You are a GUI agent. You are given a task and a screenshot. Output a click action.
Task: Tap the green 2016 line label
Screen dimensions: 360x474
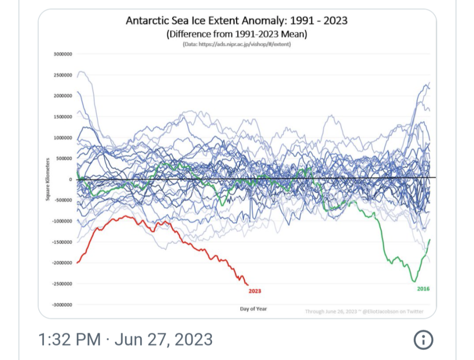pos(423,288)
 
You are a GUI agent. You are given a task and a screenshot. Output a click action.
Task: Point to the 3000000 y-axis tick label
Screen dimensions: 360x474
pos(62,54)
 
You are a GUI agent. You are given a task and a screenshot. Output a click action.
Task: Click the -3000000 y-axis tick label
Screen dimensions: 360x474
pos(62,304)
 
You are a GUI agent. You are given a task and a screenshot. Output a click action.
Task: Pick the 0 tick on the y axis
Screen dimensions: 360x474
pos(70,179)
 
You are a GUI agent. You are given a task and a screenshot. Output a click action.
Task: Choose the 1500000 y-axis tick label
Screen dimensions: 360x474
pos(62,116)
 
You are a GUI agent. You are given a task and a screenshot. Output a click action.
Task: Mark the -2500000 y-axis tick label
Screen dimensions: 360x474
pos(62,283)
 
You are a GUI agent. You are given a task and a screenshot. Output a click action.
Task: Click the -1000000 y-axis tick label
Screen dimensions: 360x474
pos(62,221)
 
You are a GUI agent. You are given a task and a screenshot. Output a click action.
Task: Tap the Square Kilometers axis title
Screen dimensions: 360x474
pos(47,179)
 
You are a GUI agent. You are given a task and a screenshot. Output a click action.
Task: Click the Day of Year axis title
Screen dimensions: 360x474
pos(253,308)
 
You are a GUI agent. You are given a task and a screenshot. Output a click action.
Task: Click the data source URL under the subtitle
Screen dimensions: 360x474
pos(236,44)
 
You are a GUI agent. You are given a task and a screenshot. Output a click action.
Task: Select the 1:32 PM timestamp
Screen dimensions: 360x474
pos(69,340)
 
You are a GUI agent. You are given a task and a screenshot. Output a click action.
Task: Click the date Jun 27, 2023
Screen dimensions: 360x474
pos(163,340)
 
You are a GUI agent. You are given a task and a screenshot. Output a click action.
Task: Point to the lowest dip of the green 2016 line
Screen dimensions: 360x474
pos(413,281)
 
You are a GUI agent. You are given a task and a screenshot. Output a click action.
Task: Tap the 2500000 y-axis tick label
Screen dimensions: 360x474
pos(62,75)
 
